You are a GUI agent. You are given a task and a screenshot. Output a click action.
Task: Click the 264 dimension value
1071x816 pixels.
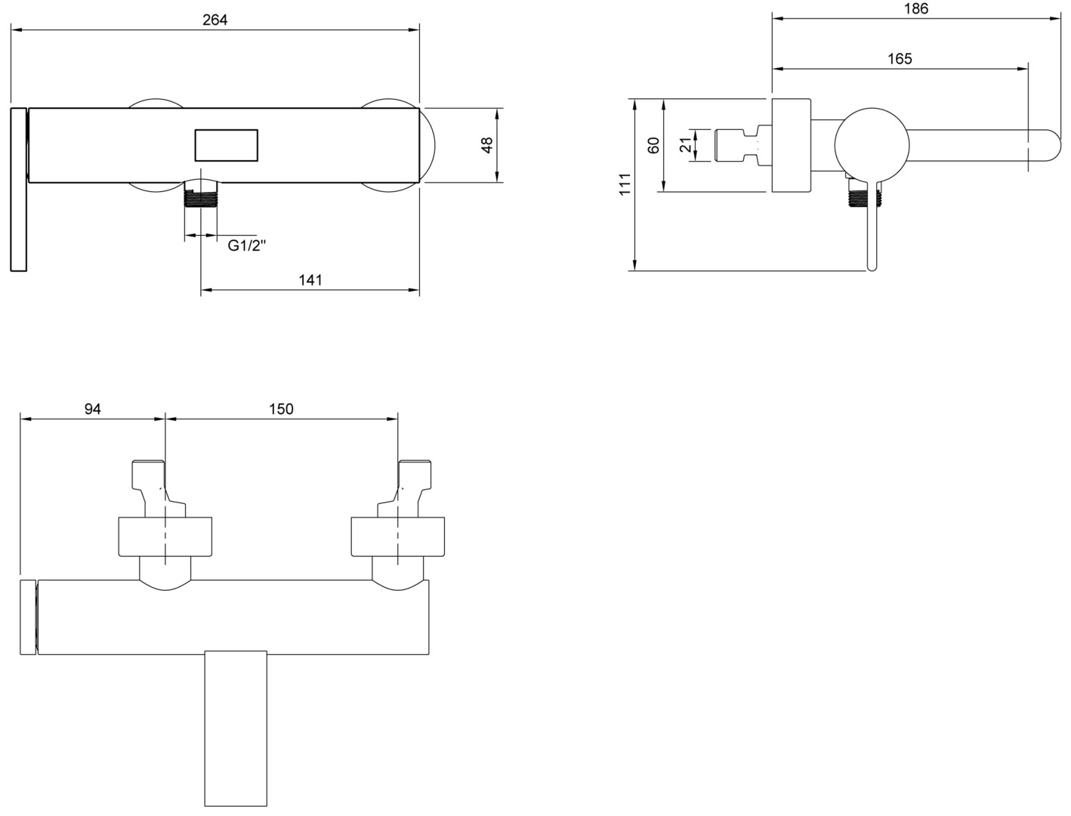point(215,20)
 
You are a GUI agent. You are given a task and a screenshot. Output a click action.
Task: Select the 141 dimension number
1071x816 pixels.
point(310,280)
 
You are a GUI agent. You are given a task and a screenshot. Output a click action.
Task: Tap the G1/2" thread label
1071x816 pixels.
point(247,245)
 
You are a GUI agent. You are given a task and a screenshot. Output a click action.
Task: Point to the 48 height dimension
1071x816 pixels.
point(487,145)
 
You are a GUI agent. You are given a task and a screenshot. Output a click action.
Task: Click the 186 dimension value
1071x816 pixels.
point(916,9)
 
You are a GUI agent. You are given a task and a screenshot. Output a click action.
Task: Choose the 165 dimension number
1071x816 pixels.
point(900,59)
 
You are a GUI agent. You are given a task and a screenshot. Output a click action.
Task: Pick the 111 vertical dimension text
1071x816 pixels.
point(625,184)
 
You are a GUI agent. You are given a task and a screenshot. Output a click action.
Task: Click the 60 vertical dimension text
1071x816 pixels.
point(653,145)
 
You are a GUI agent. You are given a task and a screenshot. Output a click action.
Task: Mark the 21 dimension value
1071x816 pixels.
point(686,144)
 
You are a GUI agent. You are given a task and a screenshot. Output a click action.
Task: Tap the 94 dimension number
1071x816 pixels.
point(93,409)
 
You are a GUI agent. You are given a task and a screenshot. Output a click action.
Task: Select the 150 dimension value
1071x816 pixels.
point(281,409)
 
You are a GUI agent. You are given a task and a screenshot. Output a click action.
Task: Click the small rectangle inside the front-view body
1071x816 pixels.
point(227,145)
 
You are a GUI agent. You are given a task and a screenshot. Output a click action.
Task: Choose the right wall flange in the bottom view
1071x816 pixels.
point(398,536)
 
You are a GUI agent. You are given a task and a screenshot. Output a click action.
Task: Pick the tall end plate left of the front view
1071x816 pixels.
point(19,189)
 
